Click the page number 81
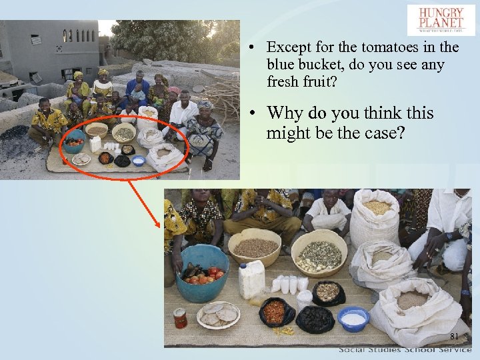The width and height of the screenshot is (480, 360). pyautogui.click(x=455, y=336)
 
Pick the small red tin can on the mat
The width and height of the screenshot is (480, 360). pyautogui.click(x=180, y=318)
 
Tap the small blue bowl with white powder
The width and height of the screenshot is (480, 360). pyautogui.click(x=353, y=318)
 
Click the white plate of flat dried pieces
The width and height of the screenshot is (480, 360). pyautogui.click(x=219, y=315)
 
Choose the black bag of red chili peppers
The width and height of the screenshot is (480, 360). pyautogui.click(x=277, y=312)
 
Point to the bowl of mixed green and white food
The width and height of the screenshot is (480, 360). pyautogui.click(x=319, y=253)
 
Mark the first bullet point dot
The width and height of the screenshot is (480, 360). pyautogui.click(x=248, y=47)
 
